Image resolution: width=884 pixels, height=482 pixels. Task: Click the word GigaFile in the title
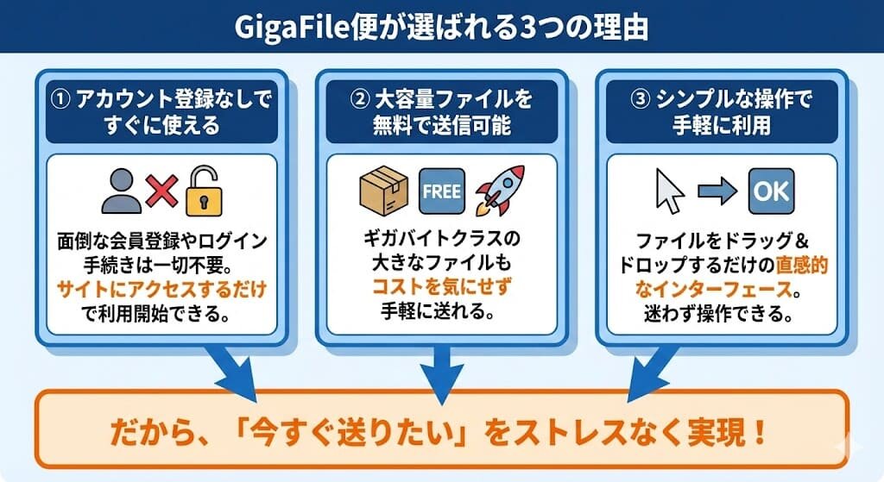[x=292, y=27]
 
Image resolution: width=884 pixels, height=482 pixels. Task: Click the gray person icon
[x=121, y=190]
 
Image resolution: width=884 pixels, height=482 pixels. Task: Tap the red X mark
[x=162, y=191]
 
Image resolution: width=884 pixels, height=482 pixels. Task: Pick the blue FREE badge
[x=441, y=191]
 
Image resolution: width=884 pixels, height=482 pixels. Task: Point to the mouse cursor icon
[x=670, y=191]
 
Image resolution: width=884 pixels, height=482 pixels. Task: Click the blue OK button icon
[x=771, y=191]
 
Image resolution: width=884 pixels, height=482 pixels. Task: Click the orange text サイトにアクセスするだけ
[x=162, y=290]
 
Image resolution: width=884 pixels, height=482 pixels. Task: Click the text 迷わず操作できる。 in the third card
[x=719, y=315]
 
